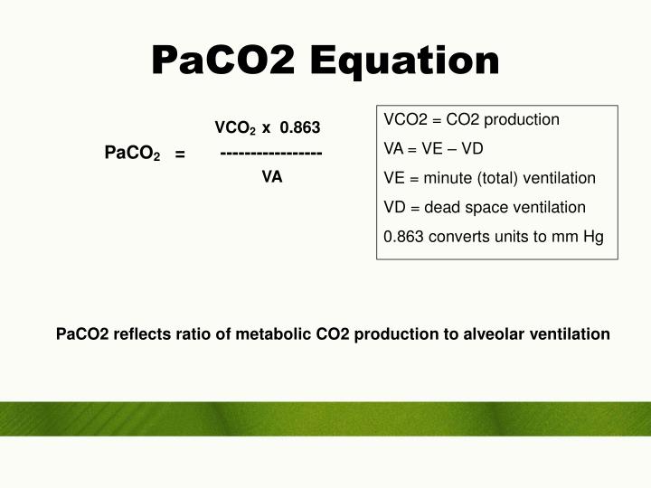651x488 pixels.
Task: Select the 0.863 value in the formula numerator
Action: pos(300,127)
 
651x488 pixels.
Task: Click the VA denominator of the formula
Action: pos(272,177)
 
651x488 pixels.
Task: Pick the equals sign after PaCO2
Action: pos(181,155)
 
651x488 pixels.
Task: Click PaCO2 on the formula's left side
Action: pos(132,155)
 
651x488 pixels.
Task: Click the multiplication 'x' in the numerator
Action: pos(266,127)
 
